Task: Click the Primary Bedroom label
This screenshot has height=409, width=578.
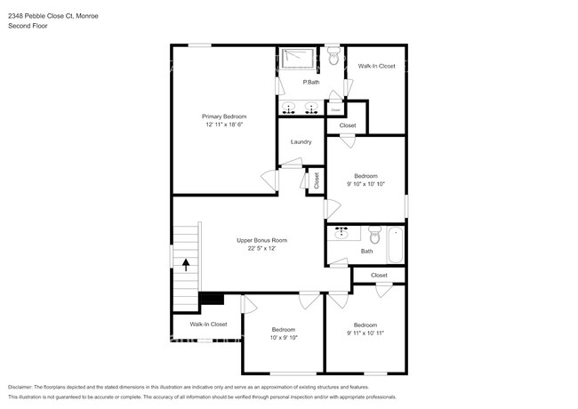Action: point(223,116)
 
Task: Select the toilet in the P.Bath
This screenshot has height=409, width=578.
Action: point(333,58)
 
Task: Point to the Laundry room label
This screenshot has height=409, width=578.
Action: point(301,142)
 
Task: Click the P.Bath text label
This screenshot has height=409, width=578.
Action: point(311,83)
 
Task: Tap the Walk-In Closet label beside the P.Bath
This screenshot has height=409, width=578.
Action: point(376,67)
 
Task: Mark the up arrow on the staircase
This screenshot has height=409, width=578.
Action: point(186,263)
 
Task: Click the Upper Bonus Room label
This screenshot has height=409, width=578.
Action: point(261,240)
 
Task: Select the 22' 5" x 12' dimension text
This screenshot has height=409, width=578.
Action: point(261,249)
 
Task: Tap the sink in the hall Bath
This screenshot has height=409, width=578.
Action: point(342,234)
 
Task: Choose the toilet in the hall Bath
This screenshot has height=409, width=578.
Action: point(373,237)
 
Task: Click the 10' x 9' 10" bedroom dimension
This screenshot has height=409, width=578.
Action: point(283,338)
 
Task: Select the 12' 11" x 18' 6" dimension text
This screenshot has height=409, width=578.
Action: point(223,125)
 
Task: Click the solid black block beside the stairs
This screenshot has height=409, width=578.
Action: point(212,299)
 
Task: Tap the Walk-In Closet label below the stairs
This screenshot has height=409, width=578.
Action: point(208,325)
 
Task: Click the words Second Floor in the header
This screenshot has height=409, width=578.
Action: point(28,27)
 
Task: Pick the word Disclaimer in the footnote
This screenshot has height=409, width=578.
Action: point(24,388)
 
